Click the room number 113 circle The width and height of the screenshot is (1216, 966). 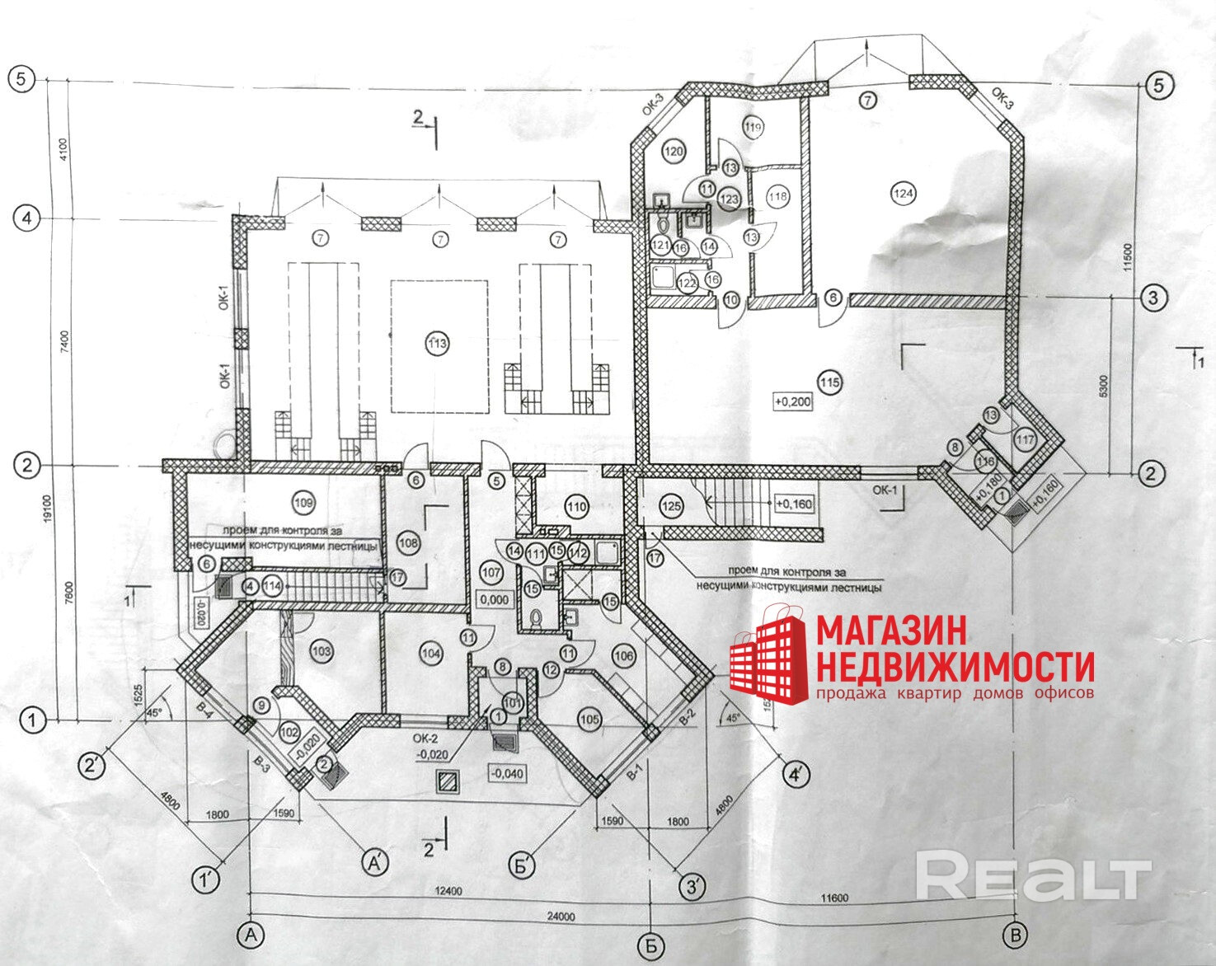click(438, 344)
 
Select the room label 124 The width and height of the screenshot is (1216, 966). click(904, 194)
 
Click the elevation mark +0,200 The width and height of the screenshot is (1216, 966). click(793, 402)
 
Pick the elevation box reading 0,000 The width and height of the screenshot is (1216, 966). click(495, 600)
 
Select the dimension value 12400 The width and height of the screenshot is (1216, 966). click(450, 891)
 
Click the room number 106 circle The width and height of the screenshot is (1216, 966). click(624, 654)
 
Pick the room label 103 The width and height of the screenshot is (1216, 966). click(322, 652)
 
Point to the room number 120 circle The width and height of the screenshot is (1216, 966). click(674, 152)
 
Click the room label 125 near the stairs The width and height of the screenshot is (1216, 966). click(672, 505)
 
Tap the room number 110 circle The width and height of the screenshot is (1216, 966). click(576, 507)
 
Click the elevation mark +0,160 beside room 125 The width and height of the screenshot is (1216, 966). click(793, 503)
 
